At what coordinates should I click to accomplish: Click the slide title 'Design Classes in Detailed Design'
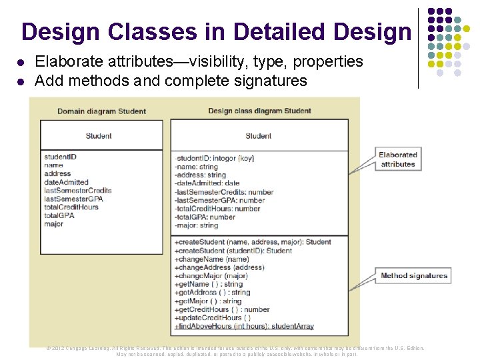(216, 31)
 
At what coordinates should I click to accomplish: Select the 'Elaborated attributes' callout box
(398, 159)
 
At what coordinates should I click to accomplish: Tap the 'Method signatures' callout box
(414, 275)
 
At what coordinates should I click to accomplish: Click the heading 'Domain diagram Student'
(101, 111)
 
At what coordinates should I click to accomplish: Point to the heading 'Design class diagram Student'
(259, 111)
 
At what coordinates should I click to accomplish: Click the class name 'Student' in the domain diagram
(99, 136)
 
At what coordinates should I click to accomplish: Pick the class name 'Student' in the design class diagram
(258, 136)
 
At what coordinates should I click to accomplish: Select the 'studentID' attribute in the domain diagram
(61, 157)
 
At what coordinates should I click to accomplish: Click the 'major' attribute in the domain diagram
(54, 224)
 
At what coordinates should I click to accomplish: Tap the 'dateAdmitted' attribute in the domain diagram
(66, 182)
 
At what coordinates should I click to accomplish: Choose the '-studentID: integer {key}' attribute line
(214, 158)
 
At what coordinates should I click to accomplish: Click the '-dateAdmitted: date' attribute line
(207, 183)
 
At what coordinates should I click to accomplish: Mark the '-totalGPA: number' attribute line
(205, 217)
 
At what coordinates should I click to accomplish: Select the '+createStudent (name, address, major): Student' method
(253, 242)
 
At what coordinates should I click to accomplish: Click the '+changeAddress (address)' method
(219, 267)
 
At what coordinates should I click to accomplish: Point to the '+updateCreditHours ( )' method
(213, 318)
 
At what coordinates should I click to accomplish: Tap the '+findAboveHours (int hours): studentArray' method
(244, 327)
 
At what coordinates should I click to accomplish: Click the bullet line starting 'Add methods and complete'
(171, 81)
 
